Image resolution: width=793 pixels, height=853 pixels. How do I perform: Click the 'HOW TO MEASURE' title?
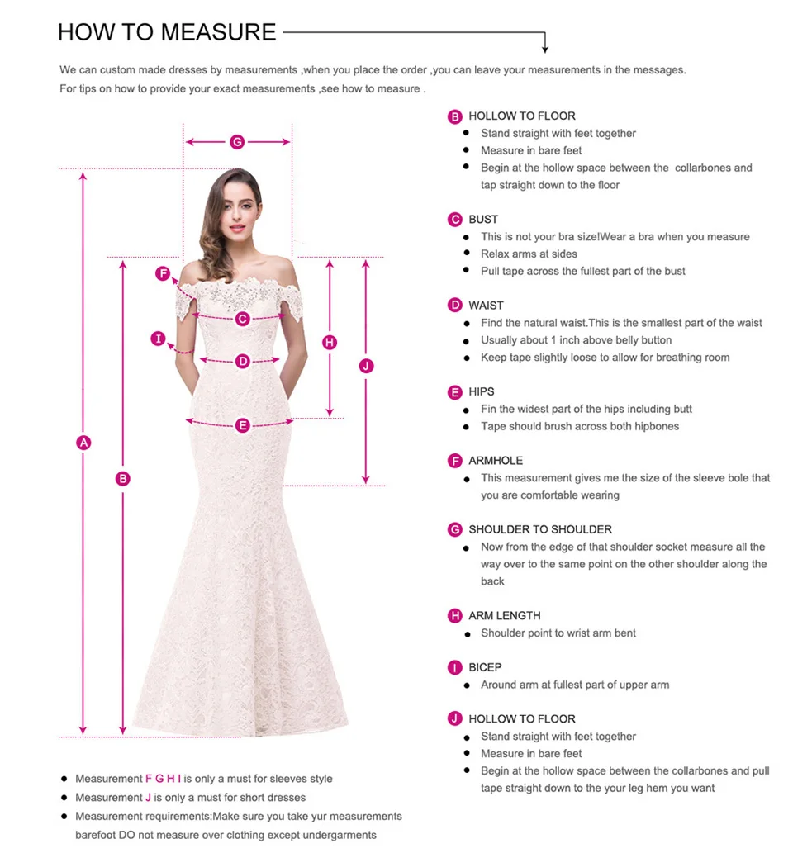point(167,32)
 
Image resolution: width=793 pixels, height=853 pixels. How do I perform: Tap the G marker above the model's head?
point(237,142)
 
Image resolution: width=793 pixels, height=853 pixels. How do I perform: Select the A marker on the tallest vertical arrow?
point(83,443)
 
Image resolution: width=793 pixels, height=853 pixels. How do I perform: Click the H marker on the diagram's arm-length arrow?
point(330,343)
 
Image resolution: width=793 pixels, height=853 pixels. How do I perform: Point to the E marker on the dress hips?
point(242,426)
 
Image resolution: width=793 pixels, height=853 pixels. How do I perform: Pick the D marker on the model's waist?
point(242,361)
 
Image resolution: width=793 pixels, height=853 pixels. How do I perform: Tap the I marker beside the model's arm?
point(159,339)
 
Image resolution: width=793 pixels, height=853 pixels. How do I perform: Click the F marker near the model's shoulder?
point(163,274)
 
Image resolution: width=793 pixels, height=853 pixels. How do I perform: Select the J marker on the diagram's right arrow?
point(367,366)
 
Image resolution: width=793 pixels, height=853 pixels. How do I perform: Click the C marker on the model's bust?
point(242,319)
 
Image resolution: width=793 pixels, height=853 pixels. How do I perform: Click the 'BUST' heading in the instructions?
point(483,220)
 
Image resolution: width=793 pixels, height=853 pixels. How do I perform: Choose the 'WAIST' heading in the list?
point(486,306)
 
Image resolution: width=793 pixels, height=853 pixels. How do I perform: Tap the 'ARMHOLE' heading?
point(496,461)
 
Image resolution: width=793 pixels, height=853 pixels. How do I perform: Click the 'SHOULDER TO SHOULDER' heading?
point(540,529)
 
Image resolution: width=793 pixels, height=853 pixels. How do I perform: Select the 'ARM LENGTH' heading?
point(504,616)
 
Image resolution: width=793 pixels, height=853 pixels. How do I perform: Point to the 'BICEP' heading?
point(485,667)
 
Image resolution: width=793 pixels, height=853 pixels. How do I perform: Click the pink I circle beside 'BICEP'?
point(454,667)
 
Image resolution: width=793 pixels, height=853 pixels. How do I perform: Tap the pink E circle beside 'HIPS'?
point(454,392)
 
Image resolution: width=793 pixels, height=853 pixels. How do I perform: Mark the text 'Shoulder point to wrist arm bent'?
point(558,633)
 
